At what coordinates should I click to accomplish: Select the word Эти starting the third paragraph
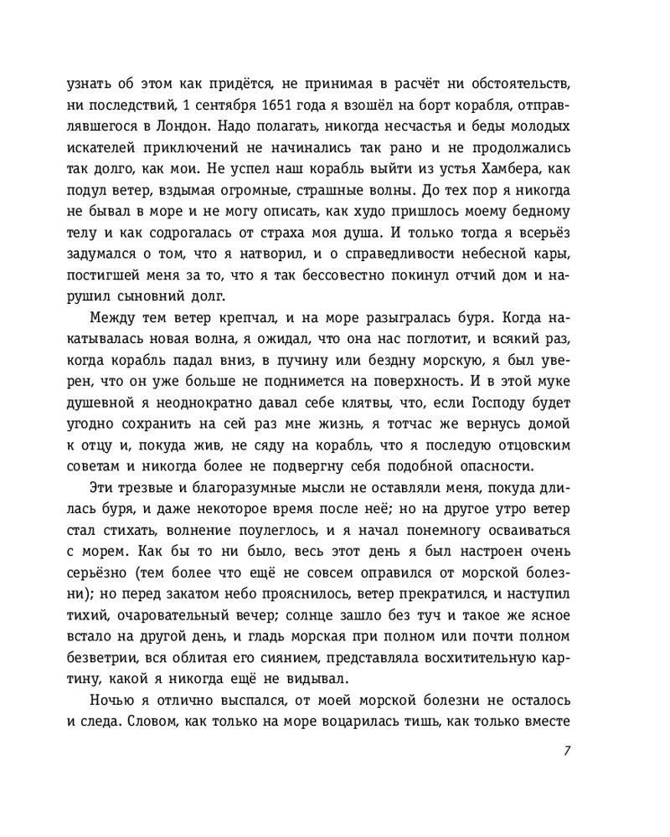point(105,489)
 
